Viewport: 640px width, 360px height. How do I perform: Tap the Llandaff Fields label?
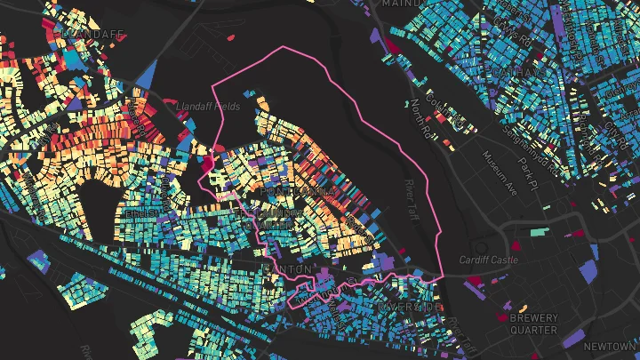(209, 105)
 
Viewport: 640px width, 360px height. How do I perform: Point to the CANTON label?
(288, 268)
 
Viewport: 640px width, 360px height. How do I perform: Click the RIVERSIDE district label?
(410, 307)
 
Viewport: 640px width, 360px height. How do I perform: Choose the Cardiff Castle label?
(487, 260)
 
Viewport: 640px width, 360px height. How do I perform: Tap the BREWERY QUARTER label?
(533, 324)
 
